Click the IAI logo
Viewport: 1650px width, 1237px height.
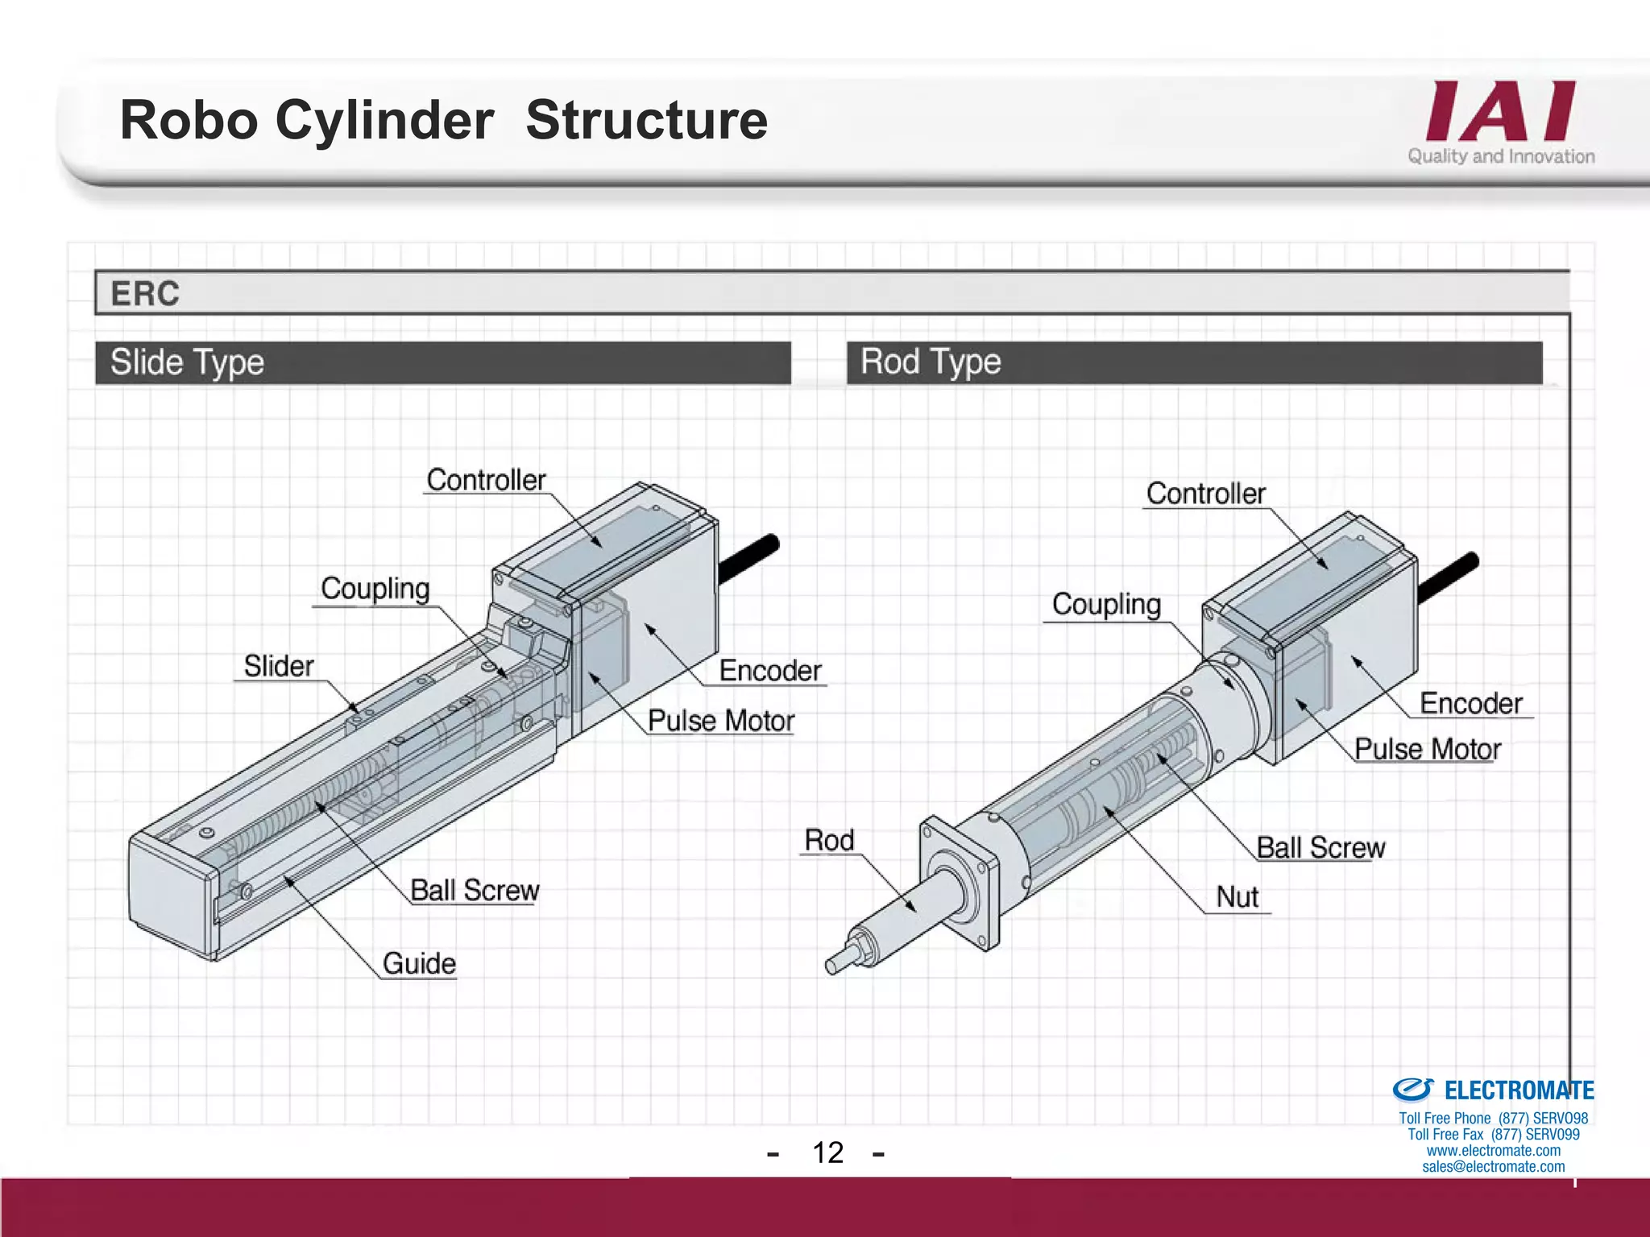click(x=1500, y=113)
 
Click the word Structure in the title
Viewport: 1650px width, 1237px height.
click(x=646, y=121)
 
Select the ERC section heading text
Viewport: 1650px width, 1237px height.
click(x=145, y=294)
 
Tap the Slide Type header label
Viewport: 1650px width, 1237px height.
click(x=187, y=362)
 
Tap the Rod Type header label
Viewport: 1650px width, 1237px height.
click(x=931, y=362)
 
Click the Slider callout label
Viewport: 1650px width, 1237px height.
click(x=279, y=667)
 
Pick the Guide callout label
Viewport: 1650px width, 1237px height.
click(x=419, y=964)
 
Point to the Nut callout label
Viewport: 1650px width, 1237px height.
click(x=1237, y=897)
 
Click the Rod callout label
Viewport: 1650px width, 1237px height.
click(x=829, y=841)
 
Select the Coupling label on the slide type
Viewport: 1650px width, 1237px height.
click(x=375, y=589)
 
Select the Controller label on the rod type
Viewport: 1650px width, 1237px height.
click(x=1205, y=494)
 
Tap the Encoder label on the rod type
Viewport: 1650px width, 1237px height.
click(x=1470, y=704)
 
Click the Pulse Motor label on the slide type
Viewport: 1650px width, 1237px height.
click(x=721, y=721)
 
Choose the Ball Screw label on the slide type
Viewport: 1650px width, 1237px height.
click(x=475, y=891)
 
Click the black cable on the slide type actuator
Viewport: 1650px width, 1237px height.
click(x=749, y=557)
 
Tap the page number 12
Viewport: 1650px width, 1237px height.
click(x=827, y=1152)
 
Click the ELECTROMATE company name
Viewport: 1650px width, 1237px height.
click(x=1519, y=1090)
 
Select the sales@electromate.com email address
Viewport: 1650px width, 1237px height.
click(x=1493, y=1167)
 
